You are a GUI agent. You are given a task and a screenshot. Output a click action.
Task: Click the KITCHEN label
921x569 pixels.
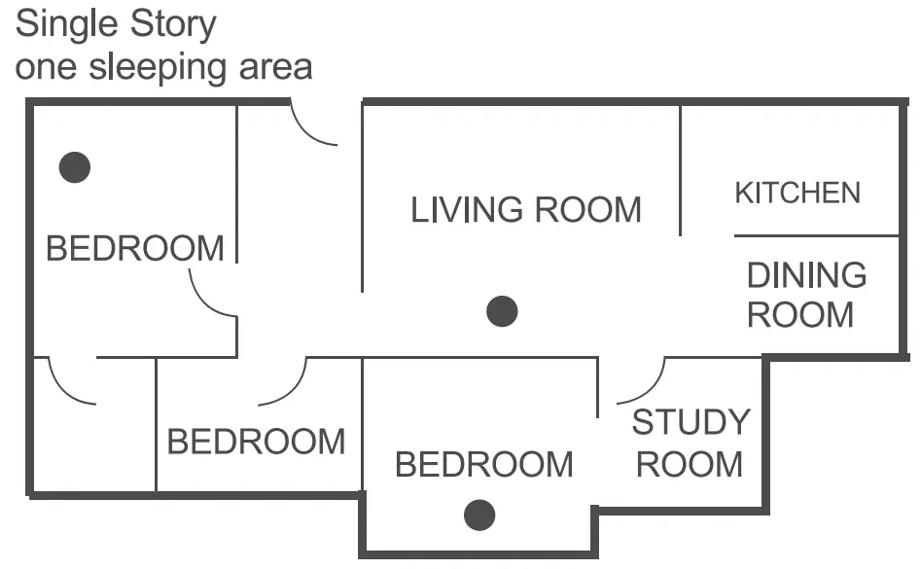click(797, 193)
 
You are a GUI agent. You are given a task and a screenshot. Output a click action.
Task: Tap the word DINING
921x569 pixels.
click(806, 275)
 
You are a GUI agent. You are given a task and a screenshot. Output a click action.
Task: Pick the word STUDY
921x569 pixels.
click(691, 422)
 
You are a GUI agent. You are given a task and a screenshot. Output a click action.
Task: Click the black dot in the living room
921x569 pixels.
click(502, 311)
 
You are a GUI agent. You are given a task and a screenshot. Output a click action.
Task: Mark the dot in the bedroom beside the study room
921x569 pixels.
click(479, 515)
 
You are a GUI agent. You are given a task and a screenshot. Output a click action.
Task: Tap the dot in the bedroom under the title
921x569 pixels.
click(75, 167)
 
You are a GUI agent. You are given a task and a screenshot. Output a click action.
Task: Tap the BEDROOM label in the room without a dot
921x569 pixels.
click(256, 442)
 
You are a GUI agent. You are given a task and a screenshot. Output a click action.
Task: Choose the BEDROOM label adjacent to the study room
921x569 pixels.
click(483, 464)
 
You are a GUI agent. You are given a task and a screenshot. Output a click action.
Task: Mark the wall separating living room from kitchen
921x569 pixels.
click(680, 170)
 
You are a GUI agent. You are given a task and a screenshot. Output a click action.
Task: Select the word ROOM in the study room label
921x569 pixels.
click(690, 464)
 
